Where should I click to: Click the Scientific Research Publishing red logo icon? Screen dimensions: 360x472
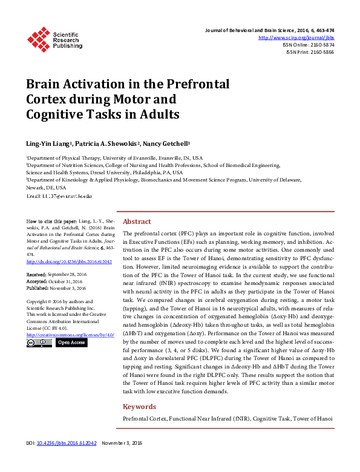(39, 39)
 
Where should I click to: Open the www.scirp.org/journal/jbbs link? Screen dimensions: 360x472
(296, 38)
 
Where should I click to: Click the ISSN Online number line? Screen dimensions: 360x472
(309, 45)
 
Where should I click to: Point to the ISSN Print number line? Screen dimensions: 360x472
(310, 52)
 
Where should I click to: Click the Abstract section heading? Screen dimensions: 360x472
(137, 221)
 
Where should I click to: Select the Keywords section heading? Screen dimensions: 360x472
(140, 407)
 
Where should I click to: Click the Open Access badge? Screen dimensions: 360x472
(71, 343)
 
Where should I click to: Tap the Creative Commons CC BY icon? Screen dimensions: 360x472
(39, 343)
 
